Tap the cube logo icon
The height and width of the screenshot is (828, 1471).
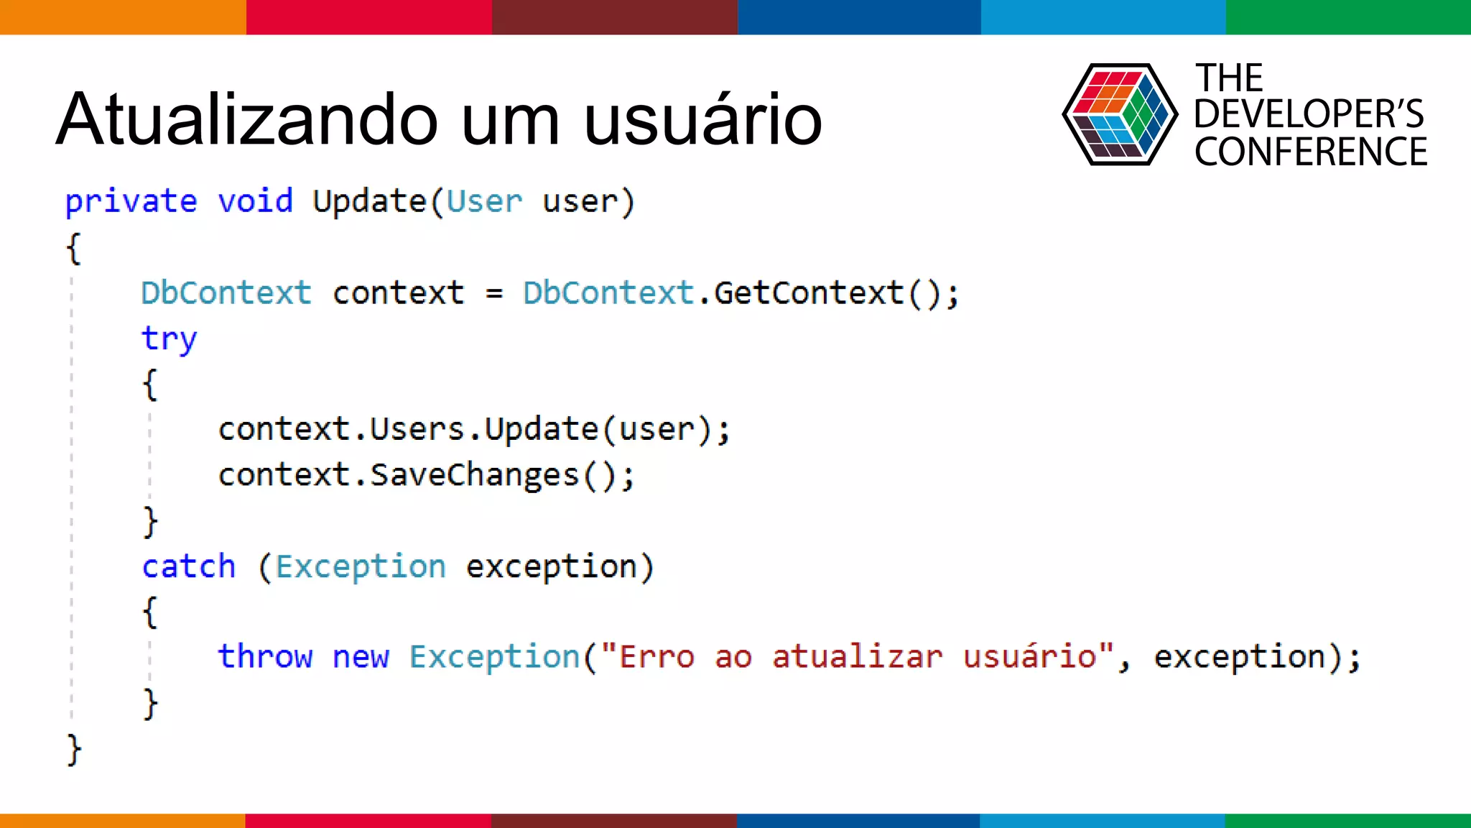1119,114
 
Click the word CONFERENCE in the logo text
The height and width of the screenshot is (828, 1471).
1310,152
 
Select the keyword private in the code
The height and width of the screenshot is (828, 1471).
131,201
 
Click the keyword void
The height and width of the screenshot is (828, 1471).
255,201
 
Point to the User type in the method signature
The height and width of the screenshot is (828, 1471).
484,201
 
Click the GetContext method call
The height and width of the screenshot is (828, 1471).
809,293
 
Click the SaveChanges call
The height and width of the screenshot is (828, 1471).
474,475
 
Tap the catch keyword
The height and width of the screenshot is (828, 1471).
188,567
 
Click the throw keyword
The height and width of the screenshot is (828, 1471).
265,657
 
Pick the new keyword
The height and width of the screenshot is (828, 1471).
361,657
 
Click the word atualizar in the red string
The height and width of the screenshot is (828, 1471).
857,657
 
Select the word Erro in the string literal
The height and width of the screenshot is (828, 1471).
657,657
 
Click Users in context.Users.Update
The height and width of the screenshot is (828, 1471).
417,430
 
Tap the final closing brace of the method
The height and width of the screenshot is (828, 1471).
74,750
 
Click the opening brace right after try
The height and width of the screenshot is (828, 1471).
149,385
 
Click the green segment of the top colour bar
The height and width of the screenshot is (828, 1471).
1348,17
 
